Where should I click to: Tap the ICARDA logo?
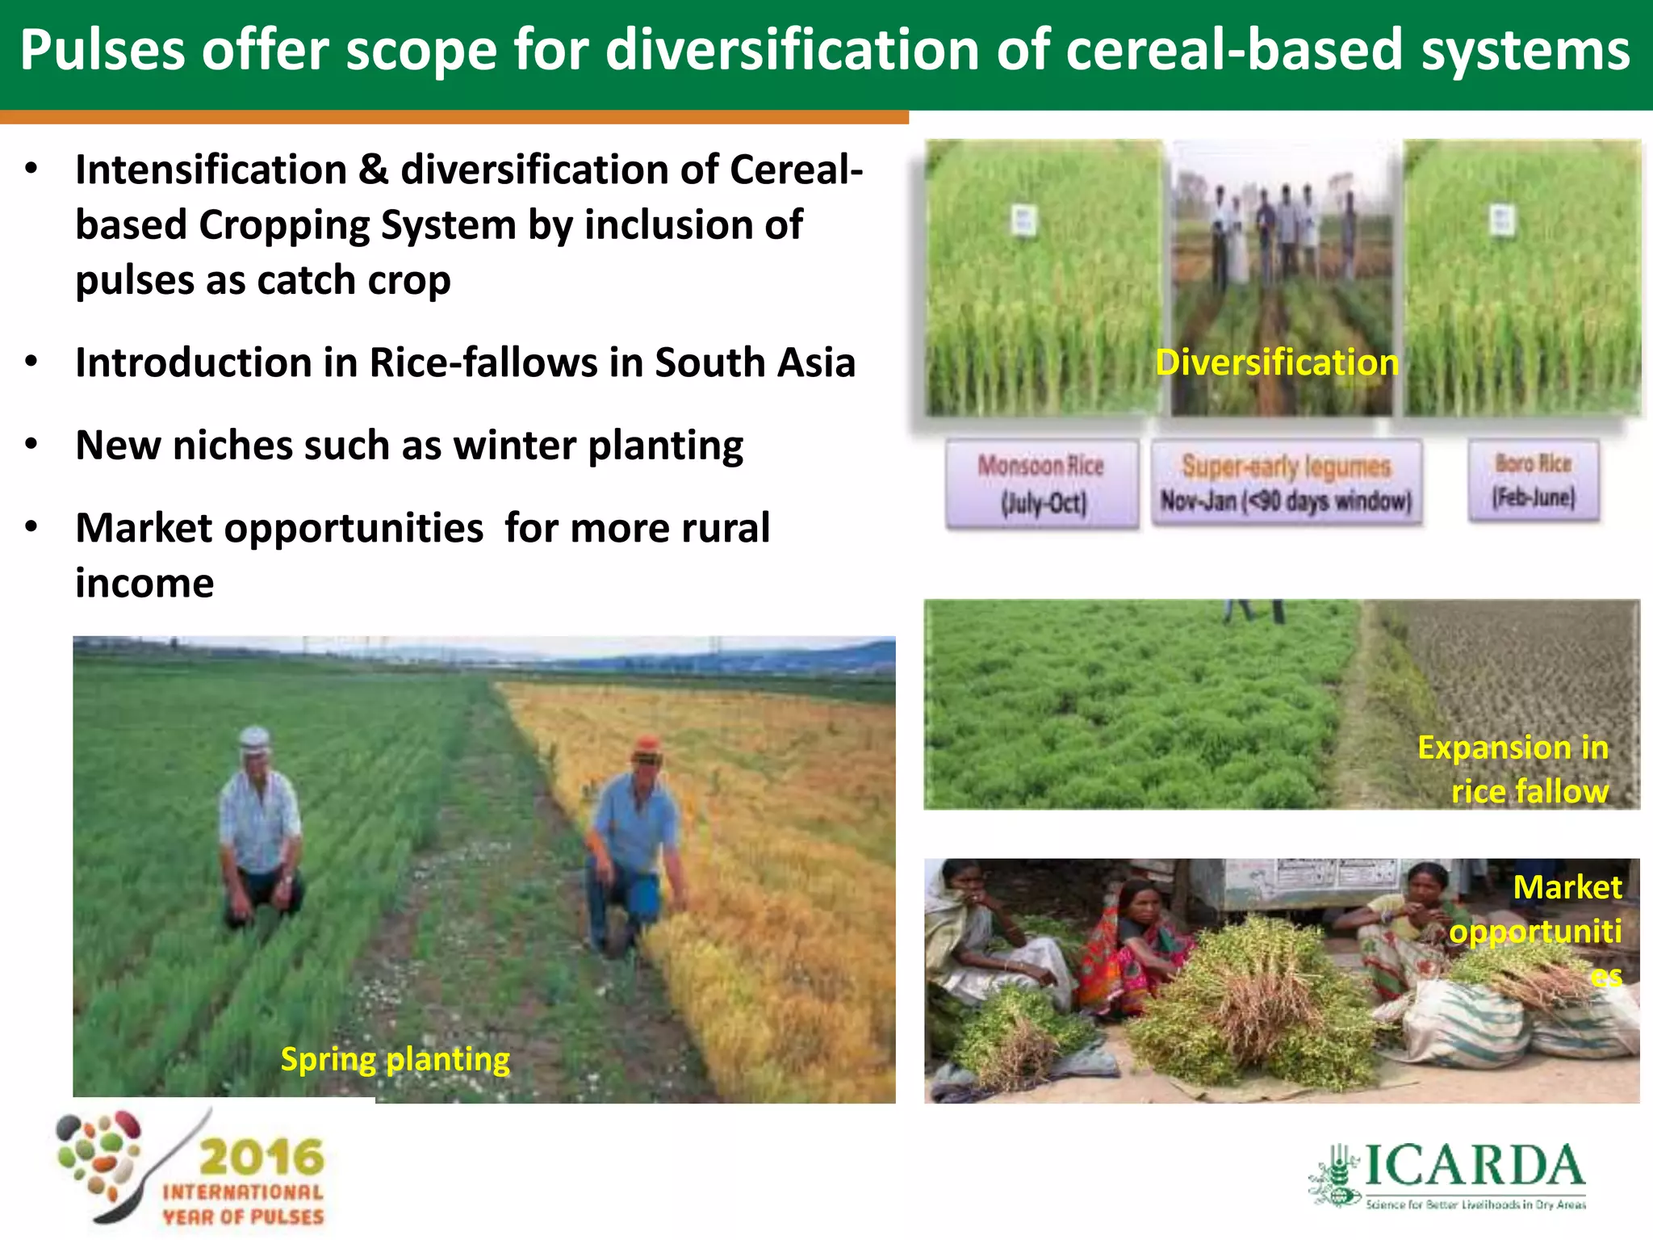(x=1449, y=1175)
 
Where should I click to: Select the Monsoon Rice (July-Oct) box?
(x=1041, y=484)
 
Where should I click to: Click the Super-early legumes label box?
(x=1286, y=484)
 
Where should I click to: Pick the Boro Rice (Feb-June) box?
(x=1533, y=480)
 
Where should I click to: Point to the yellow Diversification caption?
(x=1276, y=362)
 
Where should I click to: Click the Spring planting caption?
(x=395, y=1059)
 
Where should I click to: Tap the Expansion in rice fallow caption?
(x=1513, y=769)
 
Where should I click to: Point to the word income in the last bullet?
(x=144, y=583)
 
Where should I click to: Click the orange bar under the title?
(x=454, y=118)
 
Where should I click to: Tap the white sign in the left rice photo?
(x=1023, y=220)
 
